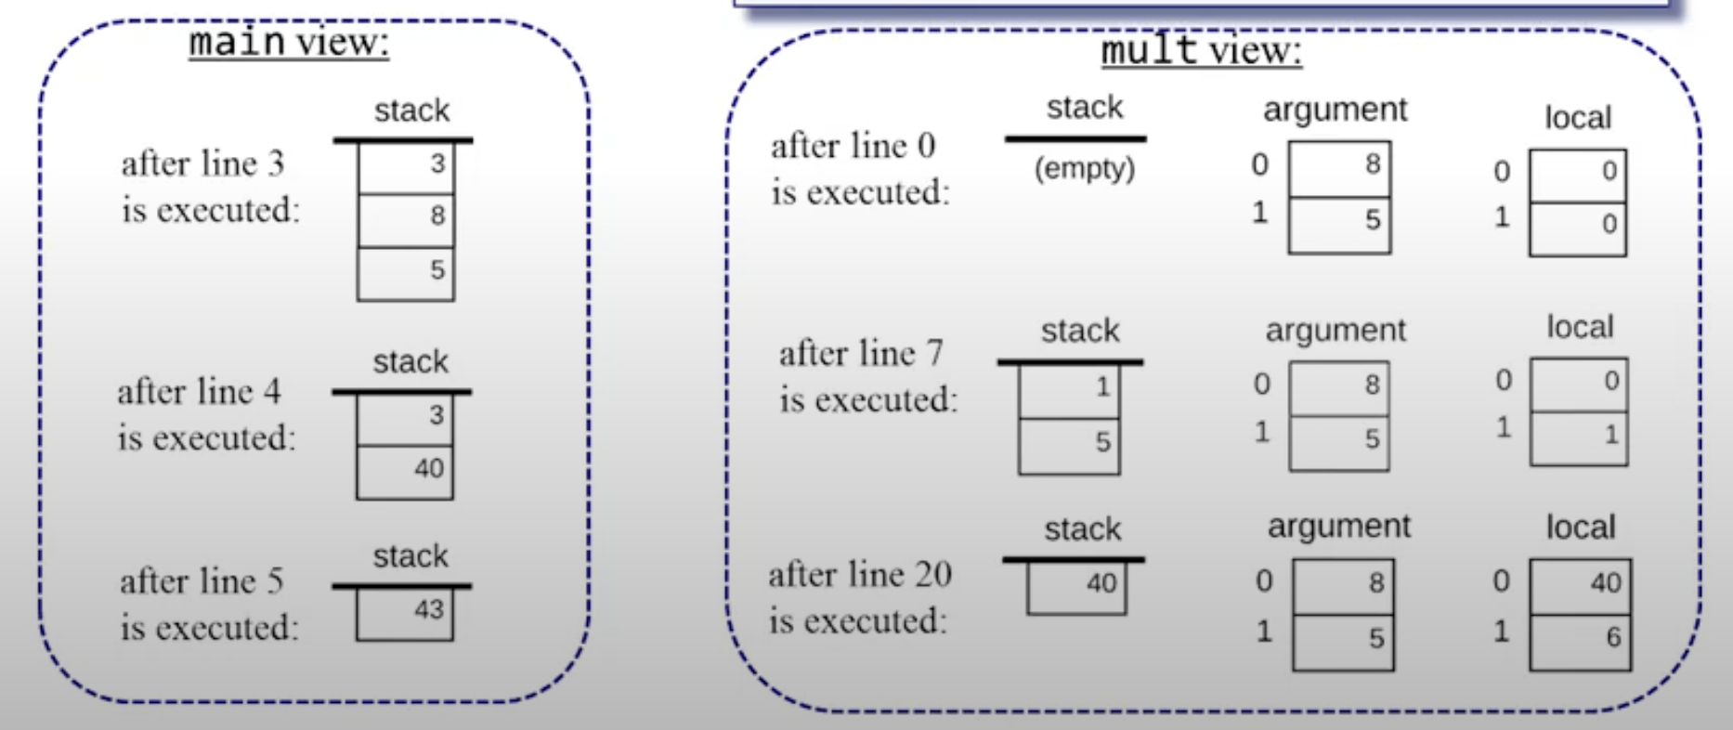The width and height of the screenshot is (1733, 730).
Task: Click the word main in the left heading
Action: [236, 42]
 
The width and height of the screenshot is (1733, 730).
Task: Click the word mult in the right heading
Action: [1148, 49]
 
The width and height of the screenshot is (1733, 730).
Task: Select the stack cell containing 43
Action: [405, 614]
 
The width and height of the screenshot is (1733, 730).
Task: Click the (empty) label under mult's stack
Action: [1084, 169]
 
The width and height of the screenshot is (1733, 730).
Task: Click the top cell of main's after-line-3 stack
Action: [406, 167]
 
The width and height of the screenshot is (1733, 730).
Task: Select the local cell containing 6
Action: [1580, 641]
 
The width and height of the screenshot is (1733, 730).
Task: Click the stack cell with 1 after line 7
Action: [1069, 390]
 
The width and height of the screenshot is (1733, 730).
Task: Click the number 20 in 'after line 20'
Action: [932, 575]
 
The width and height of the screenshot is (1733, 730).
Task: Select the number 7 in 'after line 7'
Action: [934, 353]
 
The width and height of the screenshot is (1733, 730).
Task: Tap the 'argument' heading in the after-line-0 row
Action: [1335, 110]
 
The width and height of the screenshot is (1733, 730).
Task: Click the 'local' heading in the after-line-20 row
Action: [1580, 528]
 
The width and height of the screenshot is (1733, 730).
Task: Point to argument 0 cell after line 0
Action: [1339, 169]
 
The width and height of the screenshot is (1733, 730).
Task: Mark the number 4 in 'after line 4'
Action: [271, 392]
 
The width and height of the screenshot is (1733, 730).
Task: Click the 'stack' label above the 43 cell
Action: [410, 556]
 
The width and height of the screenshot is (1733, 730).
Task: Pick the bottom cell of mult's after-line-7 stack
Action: [1069, 446]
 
